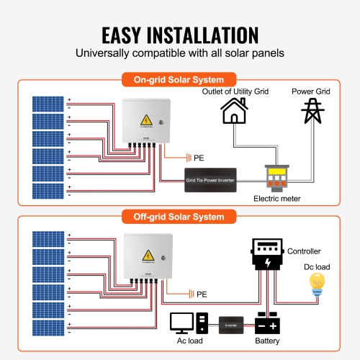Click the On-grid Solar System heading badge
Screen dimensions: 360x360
click(x=179, y=79)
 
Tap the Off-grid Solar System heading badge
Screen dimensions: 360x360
click(x=179, y=215)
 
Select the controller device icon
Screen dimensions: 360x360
click(x=267, y=255)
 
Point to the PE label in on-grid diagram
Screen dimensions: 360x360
click(x=199, y=156)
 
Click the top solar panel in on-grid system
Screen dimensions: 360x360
click(x=48, y=103)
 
